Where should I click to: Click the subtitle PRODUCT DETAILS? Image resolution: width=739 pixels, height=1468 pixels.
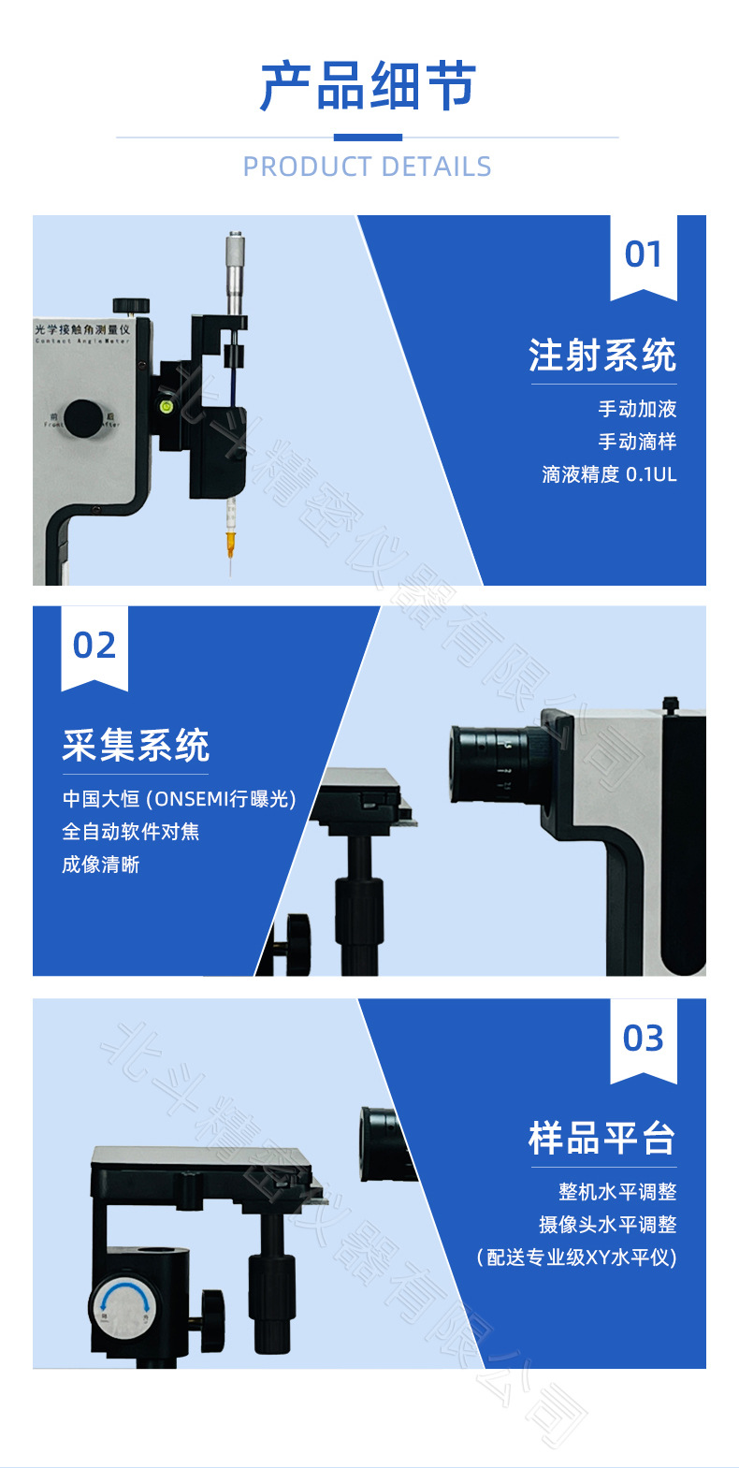tap(368, 167)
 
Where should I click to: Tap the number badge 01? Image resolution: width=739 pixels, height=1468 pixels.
tap(643, 254)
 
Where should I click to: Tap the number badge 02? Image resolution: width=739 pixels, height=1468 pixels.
tap(94, 646)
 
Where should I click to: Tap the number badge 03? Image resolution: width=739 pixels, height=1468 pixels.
tap(643, 1038)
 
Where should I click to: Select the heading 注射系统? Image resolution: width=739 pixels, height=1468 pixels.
tap(602, 356)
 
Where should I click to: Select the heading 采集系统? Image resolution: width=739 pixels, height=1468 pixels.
tap(136, 746)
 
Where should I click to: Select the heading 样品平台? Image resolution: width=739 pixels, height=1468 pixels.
tap(602, 1138)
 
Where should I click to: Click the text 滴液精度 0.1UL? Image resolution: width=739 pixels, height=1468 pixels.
tap(609, 474)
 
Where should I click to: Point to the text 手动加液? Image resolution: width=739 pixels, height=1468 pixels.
tap(637, 409)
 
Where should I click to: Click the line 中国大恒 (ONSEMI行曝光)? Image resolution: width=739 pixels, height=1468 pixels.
tap(179, 799)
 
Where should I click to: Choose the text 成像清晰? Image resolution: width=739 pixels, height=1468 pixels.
tap(101, 865)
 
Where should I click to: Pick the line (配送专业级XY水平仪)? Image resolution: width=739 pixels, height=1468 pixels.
tap(576, 1257)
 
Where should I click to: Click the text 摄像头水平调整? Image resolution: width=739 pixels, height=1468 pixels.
tap(607, 1224)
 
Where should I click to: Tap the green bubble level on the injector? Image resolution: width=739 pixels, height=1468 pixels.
tap(167, 406)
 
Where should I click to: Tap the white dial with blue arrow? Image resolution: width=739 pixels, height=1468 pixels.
tap(123, 1306)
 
